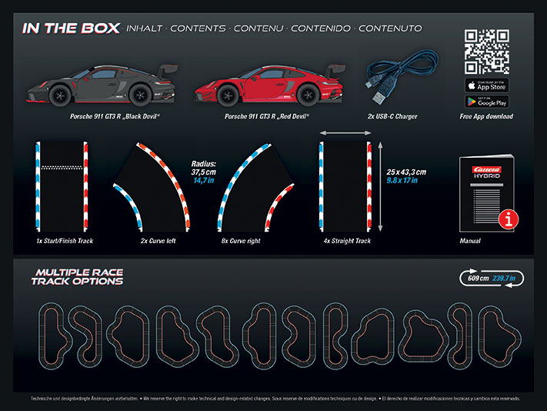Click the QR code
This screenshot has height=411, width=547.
coord(486,52)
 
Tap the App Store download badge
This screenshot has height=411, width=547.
coord(486,85)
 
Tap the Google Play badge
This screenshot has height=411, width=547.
coord(486,102)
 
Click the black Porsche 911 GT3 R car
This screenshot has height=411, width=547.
coord(98,86)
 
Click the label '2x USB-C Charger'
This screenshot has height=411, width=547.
coord(392,117)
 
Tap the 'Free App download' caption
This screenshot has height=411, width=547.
coord(485,117)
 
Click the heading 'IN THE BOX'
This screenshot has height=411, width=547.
coord(72,28)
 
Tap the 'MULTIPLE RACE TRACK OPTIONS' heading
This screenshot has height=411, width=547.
coord(77,277)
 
